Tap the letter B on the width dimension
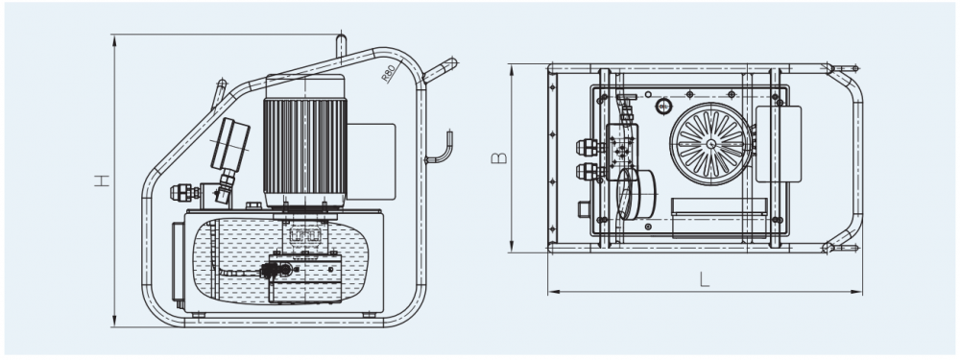tap(499, 158)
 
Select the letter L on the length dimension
tap(705, 279)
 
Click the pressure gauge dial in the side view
tap(230, 144)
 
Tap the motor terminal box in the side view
tap(371, 161)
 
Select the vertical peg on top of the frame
tap(341, 46)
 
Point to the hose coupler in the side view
tap(184, 192)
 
